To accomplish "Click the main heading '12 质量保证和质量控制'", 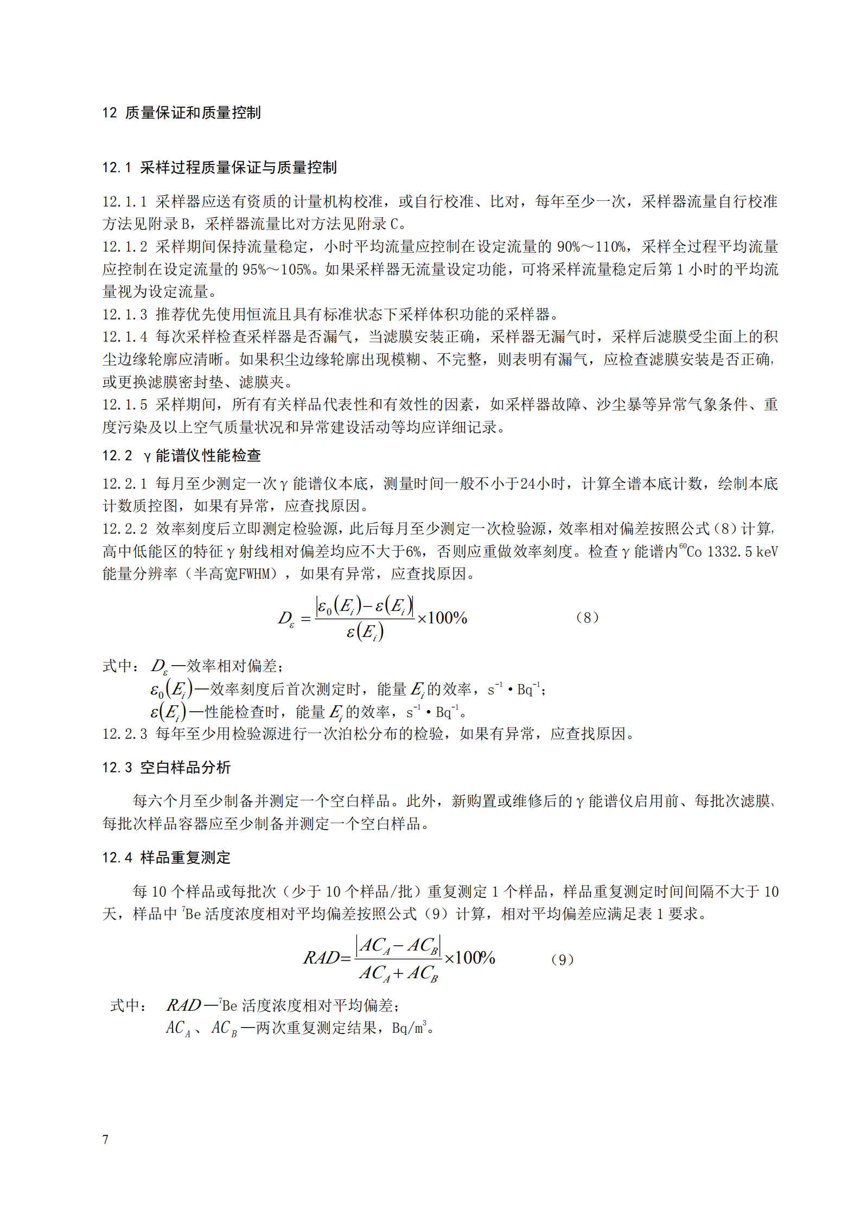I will coord(182,113).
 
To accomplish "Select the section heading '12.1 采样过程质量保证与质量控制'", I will coord(219,168).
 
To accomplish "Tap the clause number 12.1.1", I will coord(124,202).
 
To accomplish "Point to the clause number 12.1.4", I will coord(124,337).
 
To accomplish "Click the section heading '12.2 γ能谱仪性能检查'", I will coord(181,456).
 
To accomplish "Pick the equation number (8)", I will coord(587,617).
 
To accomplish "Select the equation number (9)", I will coord(562,960).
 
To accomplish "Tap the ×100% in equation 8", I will coord(442,618).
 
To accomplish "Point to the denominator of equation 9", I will coord(398,973).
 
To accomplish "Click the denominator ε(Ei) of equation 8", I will coord(365,632).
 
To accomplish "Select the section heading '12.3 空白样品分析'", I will coord(166,768).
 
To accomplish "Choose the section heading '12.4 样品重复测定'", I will coord(166,858).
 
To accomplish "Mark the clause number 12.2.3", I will coord(124,734).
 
